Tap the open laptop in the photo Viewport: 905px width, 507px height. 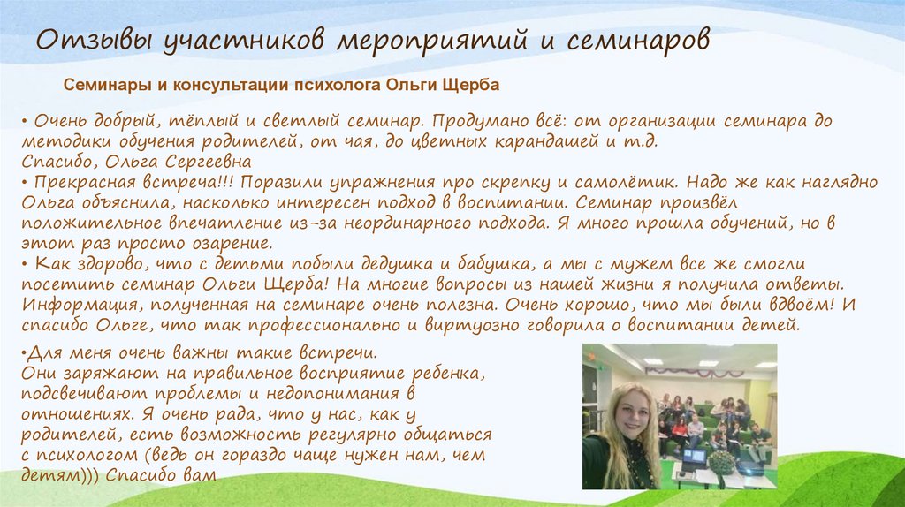[694, 458]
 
